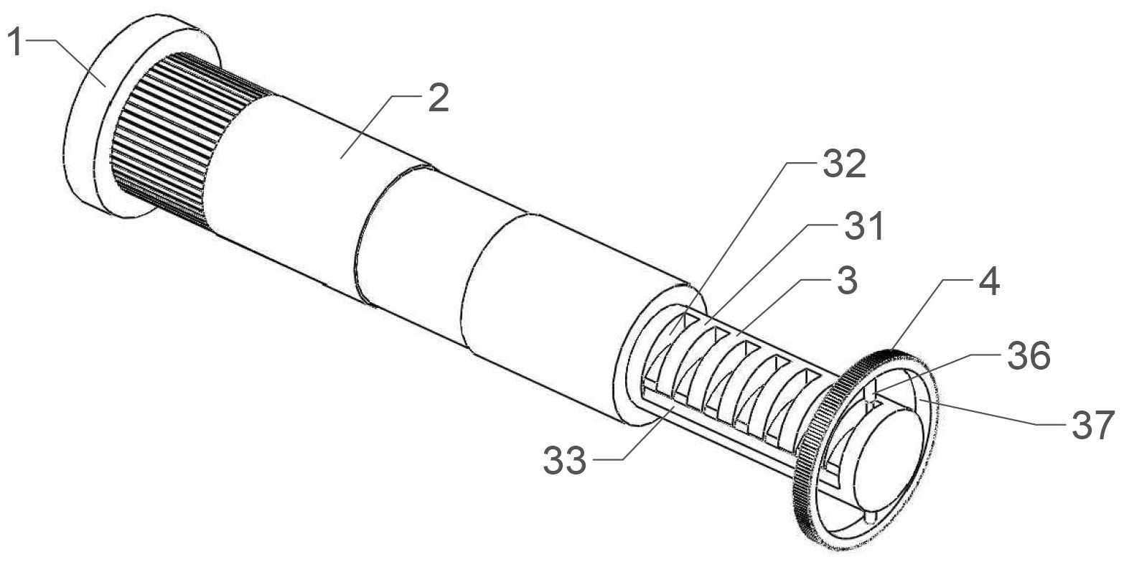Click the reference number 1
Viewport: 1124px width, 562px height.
(x=16, y=42)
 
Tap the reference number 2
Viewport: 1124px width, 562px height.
(x=438, y=98)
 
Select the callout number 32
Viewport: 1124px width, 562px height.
(x=845, y=164)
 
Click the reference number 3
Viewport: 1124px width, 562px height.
(x=847, y=280)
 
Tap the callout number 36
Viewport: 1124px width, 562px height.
(x=1029, y=356)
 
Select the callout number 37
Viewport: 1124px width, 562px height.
(x=1094, y=424)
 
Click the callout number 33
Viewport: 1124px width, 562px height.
(x=565, y=460)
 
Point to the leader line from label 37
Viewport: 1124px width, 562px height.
(x=991, y=411)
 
